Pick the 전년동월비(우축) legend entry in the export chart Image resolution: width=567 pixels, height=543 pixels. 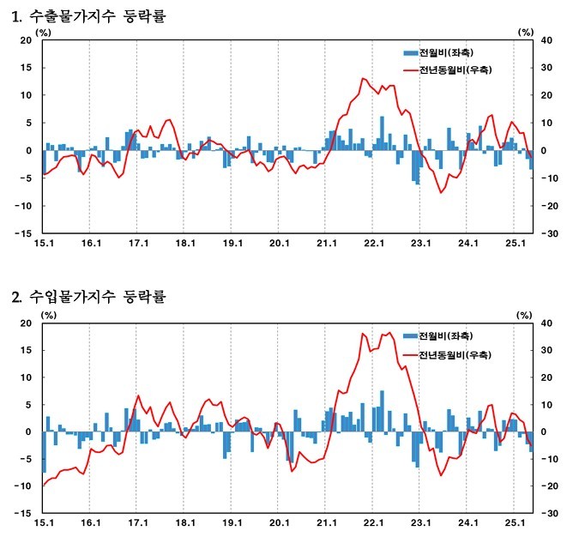tap(455, 69)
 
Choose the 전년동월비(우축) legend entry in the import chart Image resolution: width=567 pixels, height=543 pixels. tap(455, 354)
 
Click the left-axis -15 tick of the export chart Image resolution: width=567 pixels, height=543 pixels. tap(24, 233)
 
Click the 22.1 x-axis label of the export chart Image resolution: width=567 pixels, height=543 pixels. tap(372, 244)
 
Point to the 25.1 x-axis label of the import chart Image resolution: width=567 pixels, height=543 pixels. tap(513, 522)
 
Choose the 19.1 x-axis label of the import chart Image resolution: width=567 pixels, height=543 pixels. tap(231, 522)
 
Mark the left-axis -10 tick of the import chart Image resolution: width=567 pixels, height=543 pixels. tap(24, 486)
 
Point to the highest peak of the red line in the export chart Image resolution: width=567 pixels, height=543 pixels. tap(364, 79)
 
